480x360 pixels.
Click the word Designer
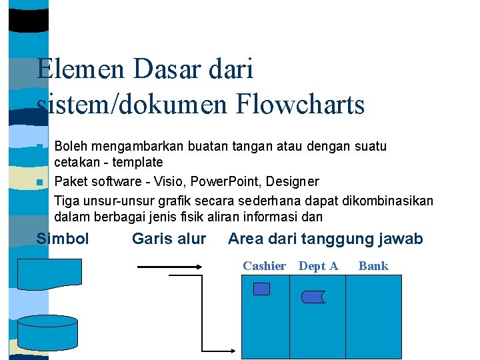(x=296, y=181)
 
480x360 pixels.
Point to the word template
(x=137, y=162)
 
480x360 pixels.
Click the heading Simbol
(x=63, y=239)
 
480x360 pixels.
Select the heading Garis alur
(x=169, y=239)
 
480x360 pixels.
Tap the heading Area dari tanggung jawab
(x=325, y=239)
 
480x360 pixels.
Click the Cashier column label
(x=264, y=266)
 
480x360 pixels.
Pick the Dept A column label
(x=318, y=266)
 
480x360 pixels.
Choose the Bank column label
(x=373, y=266)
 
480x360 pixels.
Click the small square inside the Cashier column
(x=262, y=289)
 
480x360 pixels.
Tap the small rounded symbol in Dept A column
(x=312, y=296)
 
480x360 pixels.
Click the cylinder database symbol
(x=47, y=331)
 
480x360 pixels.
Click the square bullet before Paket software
(x=40, y=182)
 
